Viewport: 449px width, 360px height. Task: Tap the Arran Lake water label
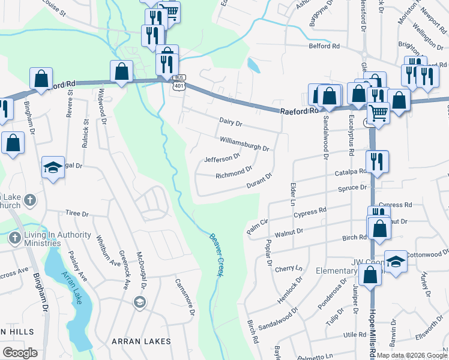69,286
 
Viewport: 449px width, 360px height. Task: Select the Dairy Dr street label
230,124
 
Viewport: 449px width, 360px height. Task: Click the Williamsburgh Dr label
244,143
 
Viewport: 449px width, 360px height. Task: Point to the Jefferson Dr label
222,158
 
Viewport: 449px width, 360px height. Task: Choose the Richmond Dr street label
234,173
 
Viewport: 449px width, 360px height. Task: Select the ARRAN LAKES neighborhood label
141,341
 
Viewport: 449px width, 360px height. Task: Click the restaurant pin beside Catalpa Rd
378,160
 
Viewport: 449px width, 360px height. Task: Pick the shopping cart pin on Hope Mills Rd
378,112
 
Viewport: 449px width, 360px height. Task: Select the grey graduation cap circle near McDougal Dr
140,301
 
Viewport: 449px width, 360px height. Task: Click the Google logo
20,352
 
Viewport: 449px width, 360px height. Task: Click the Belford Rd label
324,46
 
